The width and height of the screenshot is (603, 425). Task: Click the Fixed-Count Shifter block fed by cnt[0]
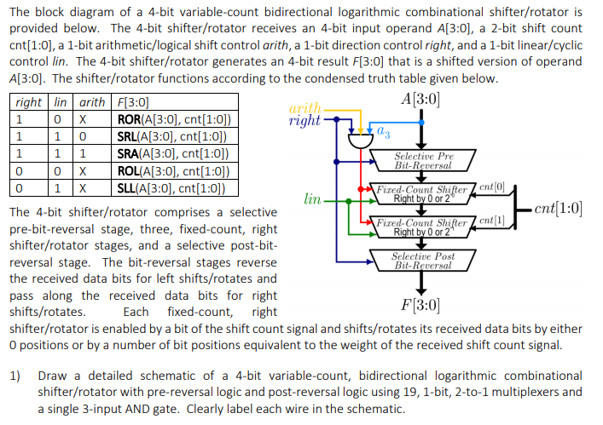point(417,193)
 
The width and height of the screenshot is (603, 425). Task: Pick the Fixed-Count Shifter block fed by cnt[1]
point(417,227)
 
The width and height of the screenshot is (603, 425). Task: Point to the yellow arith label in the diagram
point(306,108)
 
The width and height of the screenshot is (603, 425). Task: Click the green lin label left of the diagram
point(312,200)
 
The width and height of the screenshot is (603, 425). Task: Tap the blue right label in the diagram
point(304,120)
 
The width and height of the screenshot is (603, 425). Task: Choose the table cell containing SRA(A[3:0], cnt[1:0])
point(172,154)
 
